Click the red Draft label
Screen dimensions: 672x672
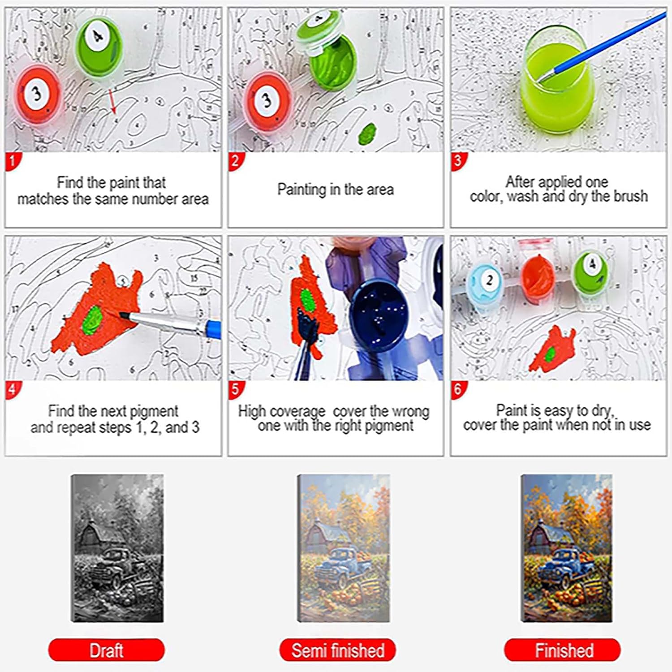point(107,650)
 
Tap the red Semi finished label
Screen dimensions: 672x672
point(338,650)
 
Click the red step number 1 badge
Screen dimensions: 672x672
point(13,161)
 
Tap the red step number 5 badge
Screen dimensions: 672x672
point(236,389)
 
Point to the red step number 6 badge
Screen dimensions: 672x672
point(458,389)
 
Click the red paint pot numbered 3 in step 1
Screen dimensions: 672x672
point(37,96)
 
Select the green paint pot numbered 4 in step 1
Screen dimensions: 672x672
point(99,43)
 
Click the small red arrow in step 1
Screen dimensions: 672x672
point(112,100)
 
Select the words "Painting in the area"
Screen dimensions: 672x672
point(336,190)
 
